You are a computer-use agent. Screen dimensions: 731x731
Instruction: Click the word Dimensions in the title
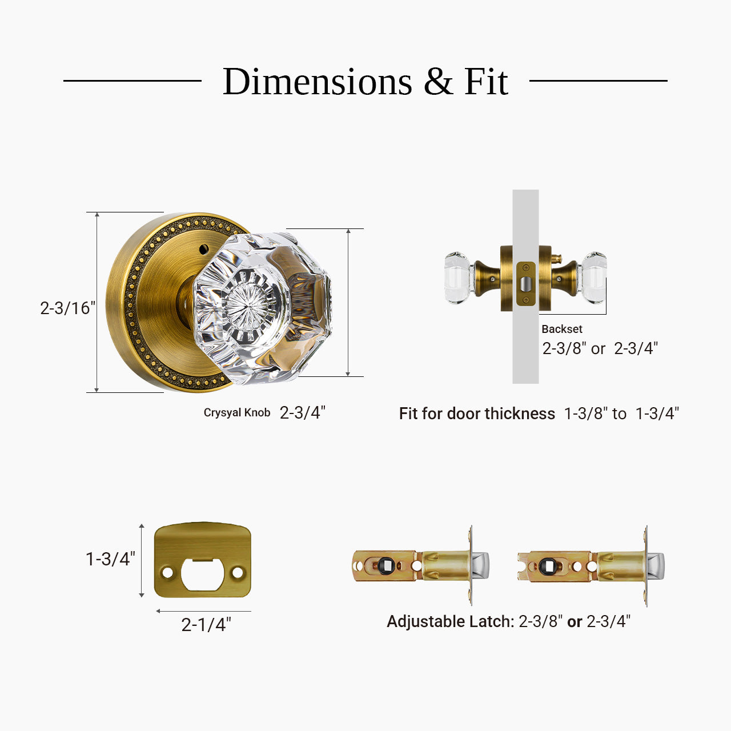point(317,82)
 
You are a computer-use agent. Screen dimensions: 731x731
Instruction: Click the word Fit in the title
point(485,82)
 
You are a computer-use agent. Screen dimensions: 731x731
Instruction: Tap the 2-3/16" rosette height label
point(67,308)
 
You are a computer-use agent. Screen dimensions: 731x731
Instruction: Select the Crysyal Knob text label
point(236,412)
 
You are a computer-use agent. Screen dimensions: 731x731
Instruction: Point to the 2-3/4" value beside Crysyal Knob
point(302,412)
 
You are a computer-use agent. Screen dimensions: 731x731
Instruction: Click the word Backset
point(562,329)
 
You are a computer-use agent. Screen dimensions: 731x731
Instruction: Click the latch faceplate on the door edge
point(525,284)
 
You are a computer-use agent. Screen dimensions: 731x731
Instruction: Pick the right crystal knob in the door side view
point(594,278)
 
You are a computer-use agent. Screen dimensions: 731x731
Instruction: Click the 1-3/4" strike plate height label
point(110,559)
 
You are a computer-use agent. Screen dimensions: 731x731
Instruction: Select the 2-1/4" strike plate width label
point(206,625)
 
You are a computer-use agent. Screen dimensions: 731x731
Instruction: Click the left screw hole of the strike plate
point(167,572)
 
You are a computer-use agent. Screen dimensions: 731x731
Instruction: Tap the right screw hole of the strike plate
point(237,572)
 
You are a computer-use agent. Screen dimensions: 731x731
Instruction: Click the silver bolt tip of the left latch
point(481,565)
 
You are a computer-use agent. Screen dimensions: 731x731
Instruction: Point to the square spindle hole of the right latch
point(549,567)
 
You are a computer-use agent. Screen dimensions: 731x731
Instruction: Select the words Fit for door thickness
point(477,413)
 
